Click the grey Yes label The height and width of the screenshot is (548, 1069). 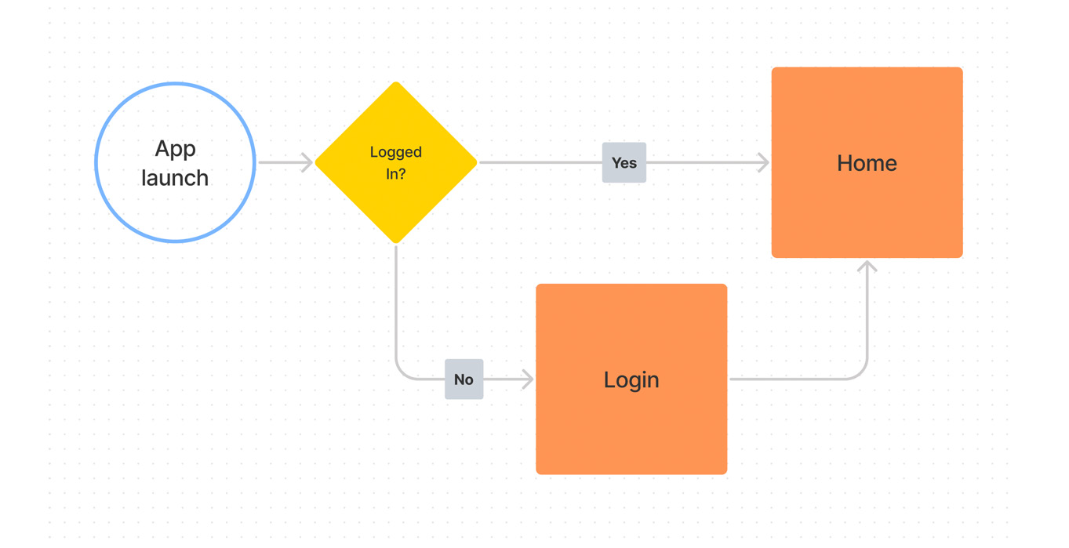tap(624, 163)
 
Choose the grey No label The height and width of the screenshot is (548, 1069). tap(464, 379)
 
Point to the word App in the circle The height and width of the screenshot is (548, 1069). tap(175, 149)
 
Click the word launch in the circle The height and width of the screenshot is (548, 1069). tap(175, 178)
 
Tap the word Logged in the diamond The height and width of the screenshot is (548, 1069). tap(396, 152)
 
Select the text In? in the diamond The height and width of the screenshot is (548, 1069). tap(396, 173)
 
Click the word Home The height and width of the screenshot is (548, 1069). tap(867, 163)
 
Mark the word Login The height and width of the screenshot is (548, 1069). tap(631, 380)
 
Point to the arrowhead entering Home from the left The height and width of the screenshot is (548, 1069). tap(763, 163)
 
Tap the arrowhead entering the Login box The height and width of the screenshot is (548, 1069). tap(528, 379)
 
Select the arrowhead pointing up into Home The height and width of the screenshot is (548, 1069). tap(867, 267)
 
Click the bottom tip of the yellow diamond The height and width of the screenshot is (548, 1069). tap(396, 241)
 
